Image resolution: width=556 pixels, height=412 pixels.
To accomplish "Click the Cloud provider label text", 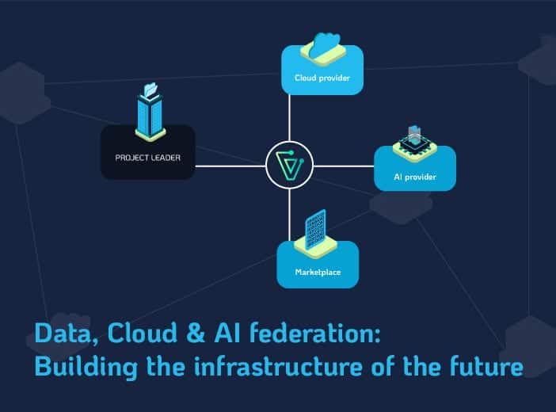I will click(322, 78).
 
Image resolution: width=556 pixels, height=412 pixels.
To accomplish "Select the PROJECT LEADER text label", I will click(147, 158).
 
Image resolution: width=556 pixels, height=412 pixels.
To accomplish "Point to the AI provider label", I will click(415, 177).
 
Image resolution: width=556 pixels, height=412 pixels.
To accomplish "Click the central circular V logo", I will click(290, 166).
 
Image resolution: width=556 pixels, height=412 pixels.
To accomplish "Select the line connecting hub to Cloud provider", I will click(290, 119).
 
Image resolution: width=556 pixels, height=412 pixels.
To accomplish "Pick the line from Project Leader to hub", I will click(230, 166).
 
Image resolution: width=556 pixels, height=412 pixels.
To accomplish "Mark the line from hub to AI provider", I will click(344, 166).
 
